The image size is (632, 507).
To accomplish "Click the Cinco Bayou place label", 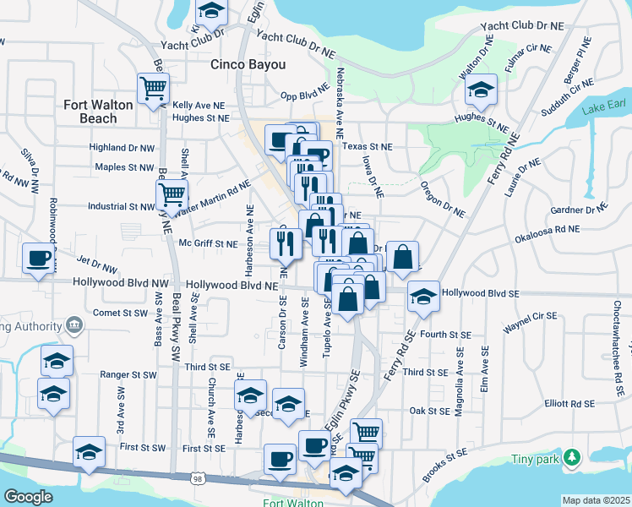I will point(248,64).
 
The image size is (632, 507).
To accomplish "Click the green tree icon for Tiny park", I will point(574,457).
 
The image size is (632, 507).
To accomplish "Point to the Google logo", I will point(28,497).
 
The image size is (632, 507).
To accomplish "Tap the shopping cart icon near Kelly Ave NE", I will point(153,87).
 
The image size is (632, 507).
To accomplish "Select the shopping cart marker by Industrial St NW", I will point(172,194).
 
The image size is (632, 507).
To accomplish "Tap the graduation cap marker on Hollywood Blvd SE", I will point(423,296).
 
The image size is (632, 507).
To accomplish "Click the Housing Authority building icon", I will point(74,325).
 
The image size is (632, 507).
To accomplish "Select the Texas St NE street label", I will point(368,146).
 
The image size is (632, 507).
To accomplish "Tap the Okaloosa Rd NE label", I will point(548,228).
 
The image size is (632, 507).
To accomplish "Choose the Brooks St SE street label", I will point(444,466).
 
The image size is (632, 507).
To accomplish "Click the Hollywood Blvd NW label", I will point(121,284).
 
